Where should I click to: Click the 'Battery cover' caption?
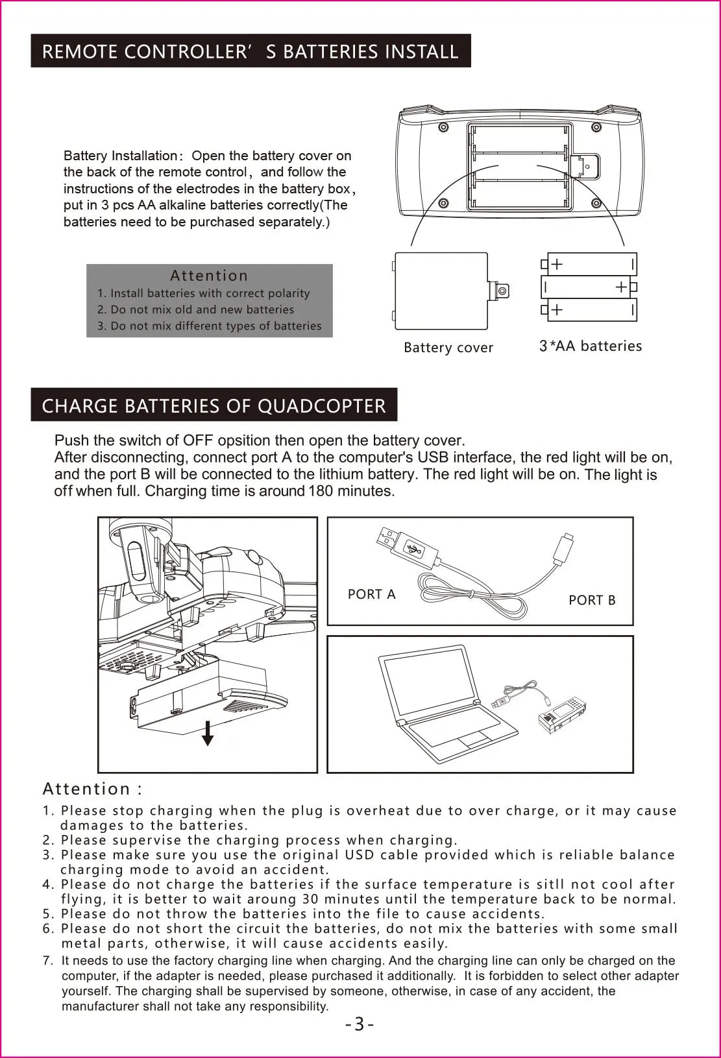pyautogui.click(x=448, y=348)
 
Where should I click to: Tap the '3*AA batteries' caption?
pyautogui.click(x=590, y=346)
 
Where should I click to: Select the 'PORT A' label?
pyautogui.click(x=371, y=594)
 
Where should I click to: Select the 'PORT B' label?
pyautogui.click(x=592, y=600)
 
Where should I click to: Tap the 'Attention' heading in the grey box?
pyautogui.click(x=209, y=276)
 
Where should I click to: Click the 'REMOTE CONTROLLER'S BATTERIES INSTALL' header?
pyautogui.click(x=251, y=51)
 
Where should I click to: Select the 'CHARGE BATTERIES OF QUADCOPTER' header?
pyautogui.click(x=214, y=405)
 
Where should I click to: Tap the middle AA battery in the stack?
pyautogui.click(x=587, y=287)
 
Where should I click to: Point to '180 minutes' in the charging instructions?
pyautogui.click(x=351, y=491)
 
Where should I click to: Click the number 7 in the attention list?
pyautogui.click(x=47, y=961)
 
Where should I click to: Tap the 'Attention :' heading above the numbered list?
pyautogui.click(x=92, y=789)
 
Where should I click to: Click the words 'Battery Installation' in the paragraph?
pyautogui.click(x=120, y=156)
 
